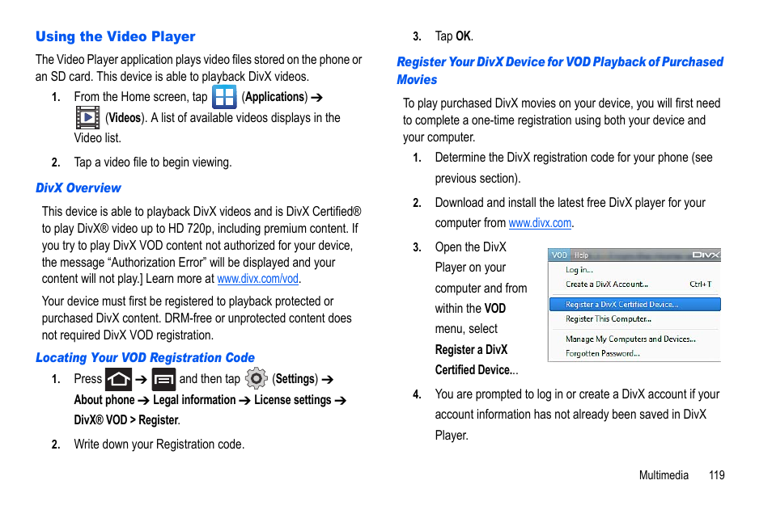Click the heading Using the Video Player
115,36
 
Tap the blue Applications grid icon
223,97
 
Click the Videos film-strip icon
87,118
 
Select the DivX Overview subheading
78,187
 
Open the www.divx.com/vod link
258,279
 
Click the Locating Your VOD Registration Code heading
145,357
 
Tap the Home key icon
118,379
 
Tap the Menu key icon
163,379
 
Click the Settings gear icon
256,378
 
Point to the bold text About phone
104,400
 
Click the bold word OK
463,36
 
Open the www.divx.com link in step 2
540,223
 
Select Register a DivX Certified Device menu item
621,305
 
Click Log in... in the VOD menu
579,270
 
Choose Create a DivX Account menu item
607,284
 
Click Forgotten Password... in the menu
602,353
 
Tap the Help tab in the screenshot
581,255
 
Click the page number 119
716,475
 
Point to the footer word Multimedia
664,475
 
